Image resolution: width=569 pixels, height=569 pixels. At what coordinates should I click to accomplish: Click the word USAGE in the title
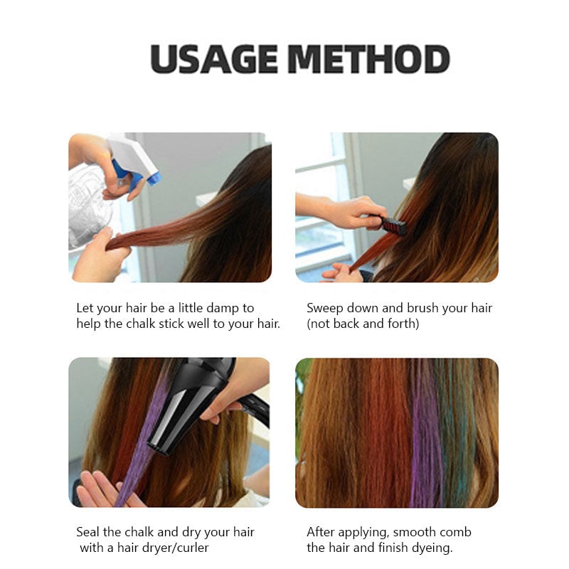coord(213,59)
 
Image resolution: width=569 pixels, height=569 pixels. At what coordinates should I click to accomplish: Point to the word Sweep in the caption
coord(324,308)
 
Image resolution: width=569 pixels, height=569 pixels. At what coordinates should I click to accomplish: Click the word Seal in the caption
coord(88,532)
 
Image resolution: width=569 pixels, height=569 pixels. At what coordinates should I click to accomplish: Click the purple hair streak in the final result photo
coord(425,441)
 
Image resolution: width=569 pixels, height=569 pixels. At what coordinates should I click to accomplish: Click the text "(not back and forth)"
coord(363,324)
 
